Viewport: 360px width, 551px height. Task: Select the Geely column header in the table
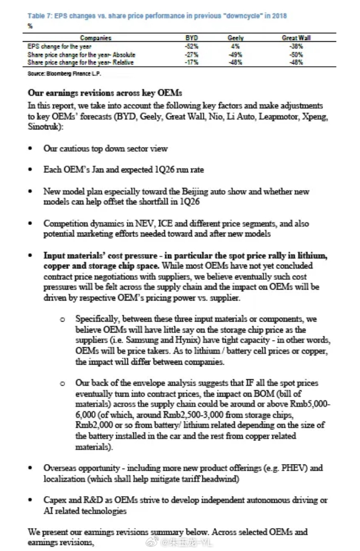pos(235,38)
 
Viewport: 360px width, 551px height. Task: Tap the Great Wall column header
pos(296,38)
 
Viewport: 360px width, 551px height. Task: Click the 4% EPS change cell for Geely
pos(235,46)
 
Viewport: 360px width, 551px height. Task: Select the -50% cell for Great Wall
pos(296,54)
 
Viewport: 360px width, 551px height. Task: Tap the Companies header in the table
pos(96,38)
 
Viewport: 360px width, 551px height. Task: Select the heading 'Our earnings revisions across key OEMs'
pos(105,93)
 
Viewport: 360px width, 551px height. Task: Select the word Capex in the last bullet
pos(55,499)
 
